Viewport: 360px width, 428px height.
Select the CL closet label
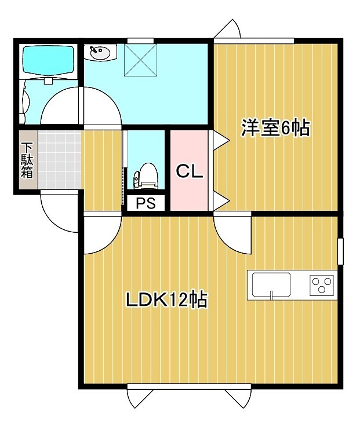tap(189, 171)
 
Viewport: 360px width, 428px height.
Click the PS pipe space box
tap(145, 203)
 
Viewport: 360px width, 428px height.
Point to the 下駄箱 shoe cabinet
tap(27, 160)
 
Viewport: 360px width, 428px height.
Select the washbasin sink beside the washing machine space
tap(100, 54)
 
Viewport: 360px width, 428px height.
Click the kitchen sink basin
tap(271, 284)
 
